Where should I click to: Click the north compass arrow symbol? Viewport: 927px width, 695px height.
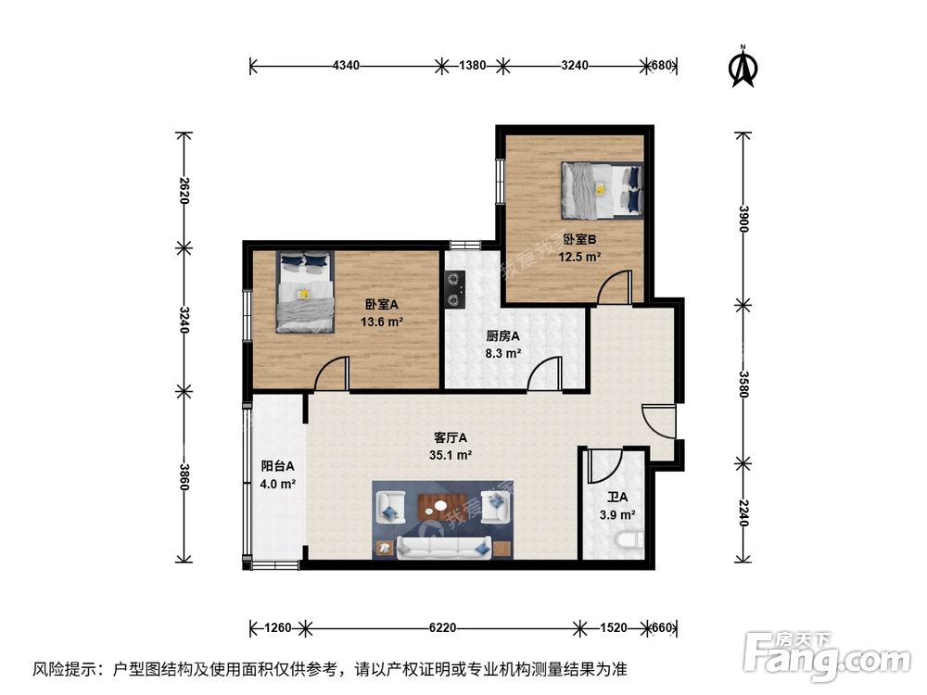point(743,67)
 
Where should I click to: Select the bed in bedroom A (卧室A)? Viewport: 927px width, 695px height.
point(305,291)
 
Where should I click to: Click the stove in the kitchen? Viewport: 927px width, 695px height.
point(454,287)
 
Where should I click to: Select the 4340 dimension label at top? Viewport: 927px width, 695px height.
point(346,66)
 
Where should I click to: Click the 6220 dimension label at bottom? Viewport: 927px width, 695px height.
point(441,628)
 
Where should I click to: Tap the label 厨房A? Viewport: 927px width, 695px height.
point(502,336)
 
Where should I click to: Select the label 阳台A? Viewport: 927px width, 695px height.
point(277,466)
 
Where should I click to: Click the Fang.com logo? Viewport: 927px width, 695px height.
point(817,655)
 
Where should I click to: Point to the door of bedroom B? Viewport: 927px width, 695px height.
point(615,286)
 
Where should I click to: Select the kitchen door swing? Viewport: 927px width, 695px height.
point(547,373)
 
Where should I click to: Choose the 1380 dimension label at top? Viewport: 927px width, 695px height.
point(473,66)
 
